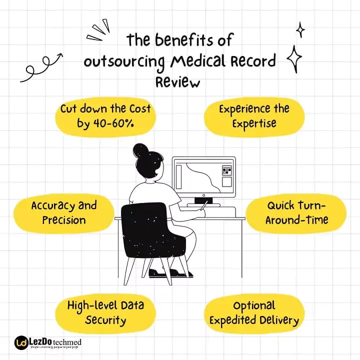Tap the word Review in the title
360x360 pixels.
click(x=177, y=81)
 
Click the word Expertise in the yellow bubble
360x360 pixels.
click(x=253, y=123)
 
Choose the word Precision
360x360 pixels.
click(x=63, y=220)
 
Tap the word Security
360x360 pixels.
click(x=105, y=320)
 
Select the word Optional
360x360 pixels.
click(x=254, y=305)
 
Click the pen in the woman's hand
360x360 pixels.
click(x=203, y=205)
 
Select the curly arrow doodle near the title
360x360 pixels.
click(x=41, y=66)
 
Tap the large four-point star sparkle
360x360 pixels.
click(x=294, y=59)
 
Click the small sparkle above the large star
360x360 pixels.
click(x=300, y=29)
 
